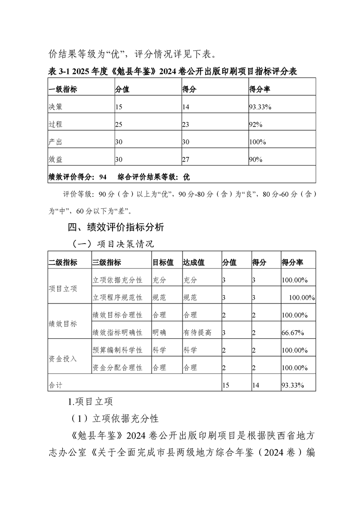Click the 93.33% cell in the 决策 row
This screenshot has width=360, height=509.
pos(260,107)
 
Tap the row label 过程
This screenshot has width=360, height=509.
pos(55,124)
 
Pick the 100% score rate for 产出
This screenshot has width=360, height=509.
pos(257,142)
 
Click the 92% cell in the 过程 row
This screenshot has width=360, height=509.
pos(256,124)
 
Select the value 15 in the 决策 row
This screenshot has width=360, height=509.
pos(119,107)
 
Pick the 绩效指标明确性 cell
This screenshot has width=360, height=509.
pos(117,333)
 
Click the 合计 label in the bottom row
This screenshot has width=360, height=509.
pos(55,385)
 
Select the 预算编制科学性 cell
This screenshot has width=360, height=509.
pos(117,350)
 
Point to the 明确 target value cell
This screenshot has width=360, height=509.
pos(159,333)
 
